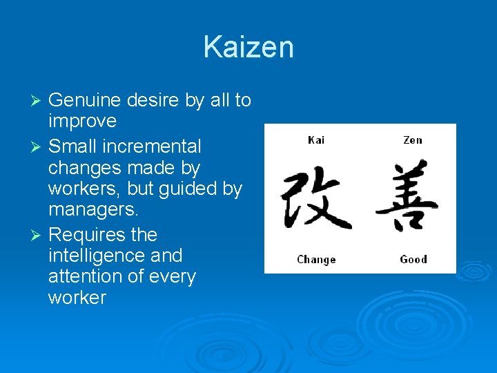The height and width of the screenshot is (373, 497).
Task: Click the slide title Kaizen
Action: tap(248, 48)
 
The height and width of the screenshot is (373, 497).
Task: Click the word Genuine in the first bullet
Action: tap(86, 101)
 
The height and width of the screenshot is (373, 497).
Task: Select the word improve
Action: tap(82, 122)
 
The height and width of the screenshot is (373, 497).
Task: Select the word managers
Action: tap(92, 210)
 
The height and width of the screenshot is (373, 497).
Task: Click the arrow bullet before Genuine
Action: tap(38, 101)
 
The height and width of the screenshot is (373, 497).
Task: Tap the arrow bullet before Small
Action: tap(38, 146)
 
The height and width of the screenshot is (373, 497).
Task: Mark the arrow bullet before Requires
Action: tap(38, 235)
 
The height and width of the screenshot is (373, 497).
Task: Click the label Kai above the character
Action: tap(316, 140)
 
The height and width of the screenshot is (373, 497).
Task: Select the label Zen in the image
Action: tap(412, 140)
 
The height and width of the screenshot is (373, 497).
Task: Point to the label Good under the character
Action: tap(413, 259)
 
